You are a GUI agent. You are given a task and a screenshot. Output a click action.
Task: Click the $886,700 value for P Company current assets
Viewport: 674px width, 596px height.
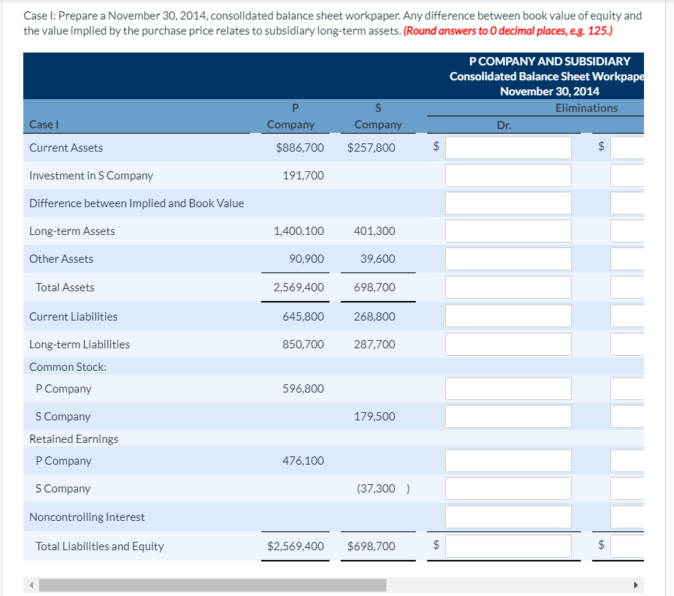(299, 148)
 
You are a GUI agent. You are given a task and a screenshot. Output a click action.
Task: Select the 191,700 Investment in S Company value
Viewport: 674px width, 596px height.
(303, 176)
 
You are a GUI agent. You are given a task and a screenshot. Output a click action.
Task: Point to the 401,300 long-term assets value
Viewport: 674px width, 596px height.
(374, 231)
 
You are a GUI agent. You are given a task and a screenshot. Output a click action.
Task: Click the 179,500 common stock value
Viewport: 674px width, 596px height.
(374, 417)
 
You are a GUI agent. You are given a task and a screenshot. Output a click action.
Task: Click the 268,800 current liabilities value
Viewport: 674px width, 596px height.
(374, 317)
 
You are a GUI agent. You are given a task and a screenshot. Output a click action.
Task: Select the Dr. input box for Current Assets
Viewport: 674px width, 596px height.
(508, 148)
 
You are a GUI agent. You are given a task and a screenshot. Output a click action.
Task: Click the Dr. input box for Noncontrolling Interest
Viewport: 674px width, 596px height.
(508, 516)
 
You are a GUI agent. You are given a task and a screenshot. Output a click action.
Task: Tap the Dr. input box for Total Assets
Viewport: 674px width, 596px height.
(508, 287)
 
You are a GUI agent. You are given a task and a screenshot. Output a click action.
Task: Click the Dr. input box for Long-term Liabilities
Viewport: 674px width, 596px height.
(508, 345)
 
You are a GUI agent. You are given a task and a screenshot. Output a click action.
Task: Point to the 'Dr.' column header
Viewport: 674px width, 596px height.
(504, 125)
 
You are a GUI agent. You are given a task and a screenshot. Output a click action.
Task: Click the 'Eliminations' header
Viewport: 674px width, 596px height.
(586, 108)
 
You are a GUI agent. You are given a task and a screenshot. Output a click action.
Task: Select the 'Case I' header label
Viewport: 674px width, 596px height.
(44, 125)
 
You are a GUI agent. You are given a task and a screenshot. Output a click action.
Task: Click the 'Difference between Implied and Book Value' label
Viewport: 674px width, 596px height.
(136, 203)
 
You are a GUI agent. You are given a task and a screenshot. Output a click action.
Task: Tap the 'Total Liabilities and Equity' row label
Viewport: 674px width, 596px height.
(99, 546)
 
